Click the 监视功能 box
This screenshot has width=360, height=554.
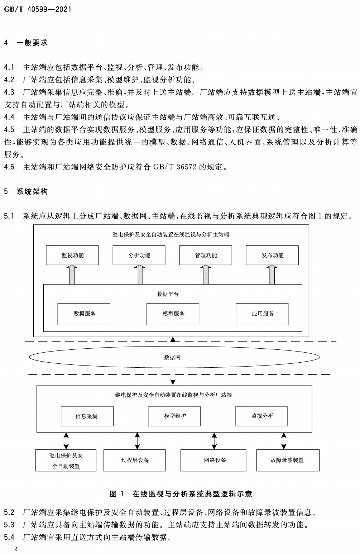click(72, 255)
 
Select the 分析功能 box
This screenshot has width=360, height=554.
click(139, 255)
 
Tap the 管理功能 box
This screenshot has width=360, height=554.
click(206, 255)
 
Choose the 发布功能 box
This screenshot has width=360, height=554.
click(272, 255)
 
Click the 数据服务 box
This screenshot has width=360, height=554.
click(84, 314)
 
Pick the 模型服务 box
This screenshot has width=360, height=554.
click(173, 314)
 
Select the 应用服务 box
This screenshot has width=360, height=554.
click(262, 314)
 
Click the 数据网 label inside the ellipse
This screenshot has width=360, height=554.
click(172, 357)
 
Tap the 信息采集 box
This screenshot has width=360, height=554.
click(87, 416)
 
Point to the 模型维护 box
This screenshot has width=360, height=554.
click(174, 416)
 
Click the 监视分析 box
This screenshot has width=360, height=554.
click(261, 416)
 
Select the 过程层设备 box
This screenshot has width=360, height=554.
click(135, 460)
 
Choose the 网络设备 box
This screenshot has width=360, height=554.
click(213, 460)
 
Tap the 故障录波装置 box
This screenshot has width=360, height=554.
click(288, 460)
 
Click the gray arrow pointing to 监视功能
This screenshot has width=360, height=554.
click(72, 275)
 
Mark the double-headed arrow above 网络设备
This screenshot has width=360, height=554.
click(214, 441)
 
